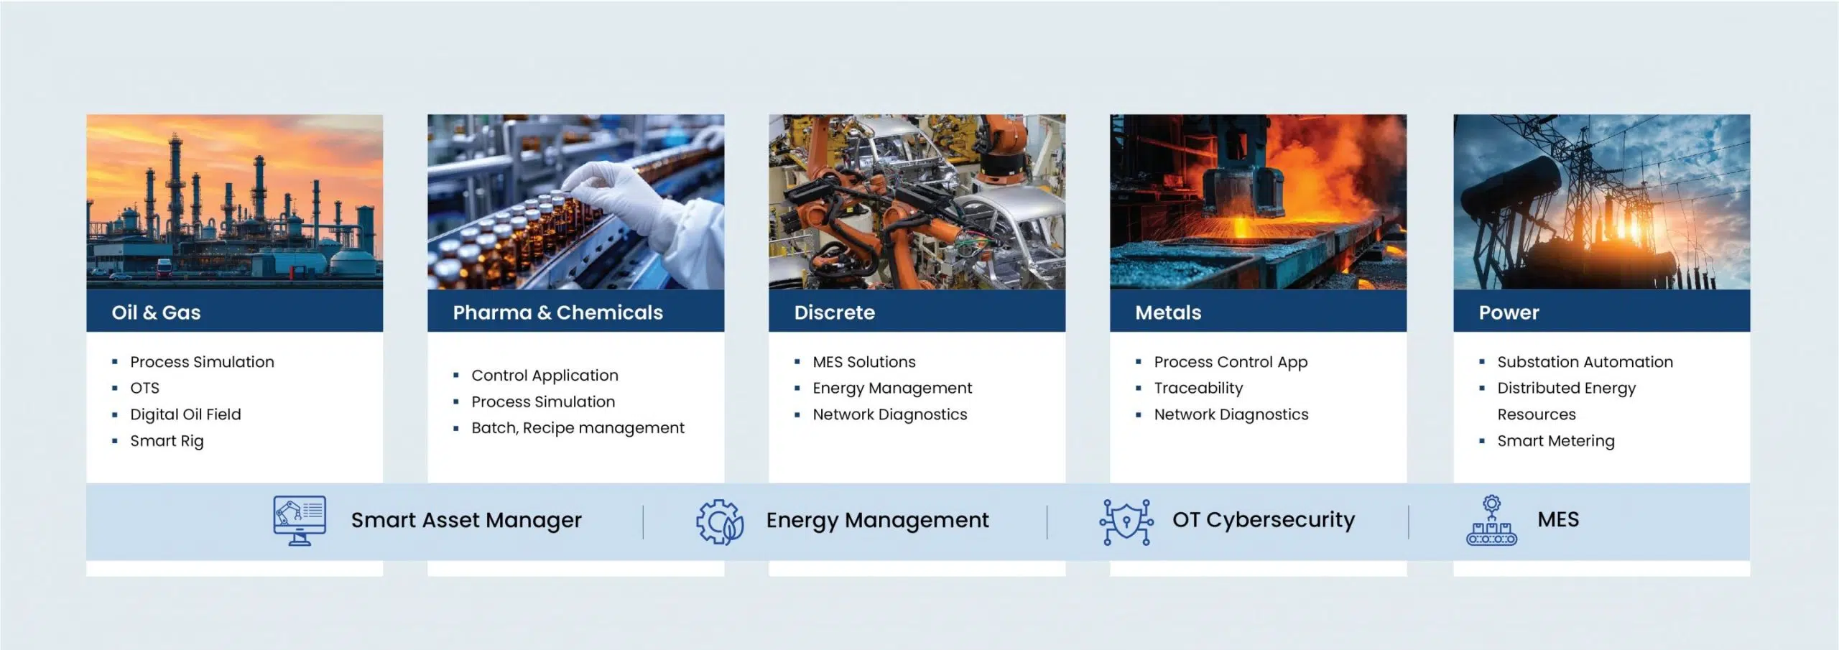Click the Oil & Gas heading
coord(156,312)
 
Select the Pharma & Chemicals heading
coord(557,312)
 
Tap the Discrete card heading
coord(834,312)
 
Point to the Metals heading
coord(1168,312)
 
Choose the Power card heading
coord(1509,312)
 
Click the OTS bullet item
coord(144,388)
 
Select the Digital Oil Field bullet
coord(185,414)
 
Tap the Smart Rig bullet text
coord(167,441)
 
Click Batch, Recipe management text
coord(578,428)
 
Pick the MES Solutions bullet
coord(864,362)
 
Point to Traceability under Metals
coord(1198,389)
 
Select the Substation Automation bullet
coord(1585,362)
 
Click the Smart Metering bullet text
coord(1555,441)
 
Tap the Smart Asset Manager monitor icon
coord(300,520)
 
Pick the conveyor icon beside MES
coord(1491,520)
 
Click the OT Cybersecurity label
coord(1264,519)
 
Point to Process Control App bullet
coord(1231,362)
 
